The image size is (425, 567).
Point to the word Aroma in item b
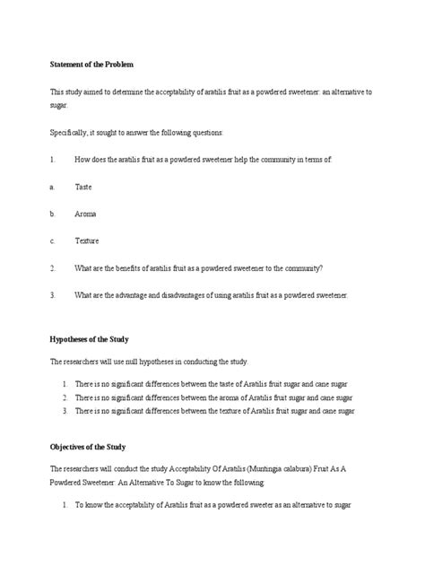point(85,214)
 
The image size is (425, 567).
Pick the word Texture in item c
point(86,240)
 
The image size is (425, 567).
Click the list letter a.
point(52,187)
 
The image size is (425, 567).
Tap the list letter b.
point(52,214)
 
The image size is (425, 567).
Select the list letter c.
point(52,240)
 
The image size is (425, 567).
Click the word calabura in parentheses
point(255,468)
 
